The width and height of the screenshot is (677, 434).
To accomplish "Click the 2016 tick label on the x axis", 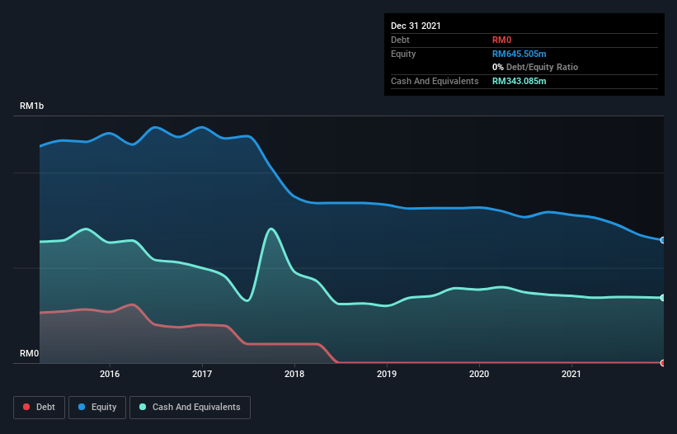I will click(109, 374).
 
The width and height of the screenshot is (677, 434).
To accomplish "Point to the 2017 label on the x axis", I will click(201, 374).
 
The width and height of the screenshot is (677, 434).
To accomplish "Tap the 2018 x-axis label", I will click(294, 374).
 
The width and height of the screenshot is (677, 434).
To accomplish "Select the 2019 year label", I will click(386, 374).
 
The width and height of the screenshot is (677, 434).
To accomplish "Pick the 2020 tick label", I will click(478, 374).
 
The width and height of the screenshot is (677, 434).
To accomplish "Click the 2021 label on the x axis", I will click(571, 374).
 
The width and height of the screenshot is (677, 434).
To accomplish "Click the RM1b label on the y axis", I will click(32, 106).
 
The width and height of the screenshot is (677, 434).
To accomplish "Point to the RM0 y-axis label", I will click(30, 354).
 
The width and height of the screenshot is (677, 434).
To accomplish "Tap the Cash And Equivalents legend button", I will click(190, 407).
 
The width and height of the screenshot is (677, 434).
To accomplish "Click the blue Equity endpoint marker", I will click(663, 240).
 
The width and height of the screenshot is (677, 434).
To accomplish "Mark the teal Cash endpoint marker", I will click(663, 298).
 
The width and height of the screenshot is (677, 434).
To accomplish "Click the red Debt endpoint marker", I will click(663, 363).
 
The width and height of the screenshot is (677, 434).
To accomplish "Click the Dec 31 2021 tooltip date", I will click(416, 26).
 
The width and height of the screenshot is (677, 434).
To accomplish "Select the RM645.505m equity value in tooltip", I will click(520, 54).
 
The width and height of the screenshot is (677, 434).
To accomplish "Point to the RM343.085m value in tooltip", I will click(520, 81).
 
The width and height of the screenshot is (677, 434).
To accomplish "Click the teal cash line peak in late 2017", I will click(270, 229).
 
